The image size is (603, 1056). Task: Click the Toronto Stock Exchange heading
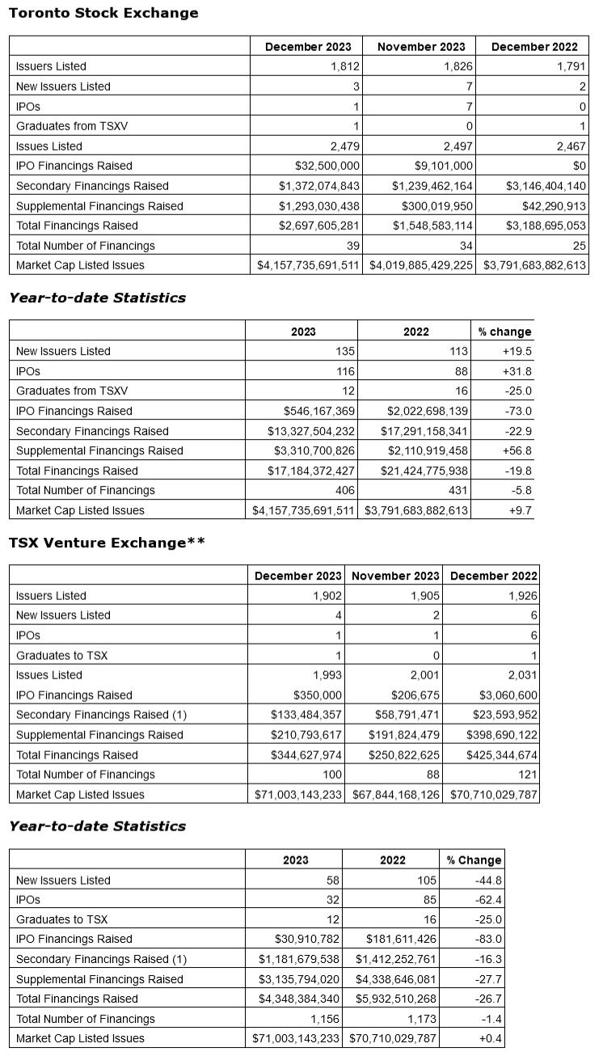pyautogui.click(x=103, y=13)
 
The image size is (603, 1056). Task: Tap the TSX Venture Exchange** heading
pyautogui.click(x=107, y=543)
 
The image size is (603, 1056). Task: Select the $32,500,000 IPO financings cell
pyautogui.click(x=324, y=166)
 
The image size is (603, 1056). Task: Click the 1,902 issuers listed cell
pyautogui.click(x=328, y=595)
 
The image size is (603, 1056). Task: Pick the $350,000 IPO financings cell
pyautogui.click(x=315, y=695)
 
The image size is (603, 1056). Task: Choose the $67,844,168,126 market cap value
pyautogui.click(x=396, y=794)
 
